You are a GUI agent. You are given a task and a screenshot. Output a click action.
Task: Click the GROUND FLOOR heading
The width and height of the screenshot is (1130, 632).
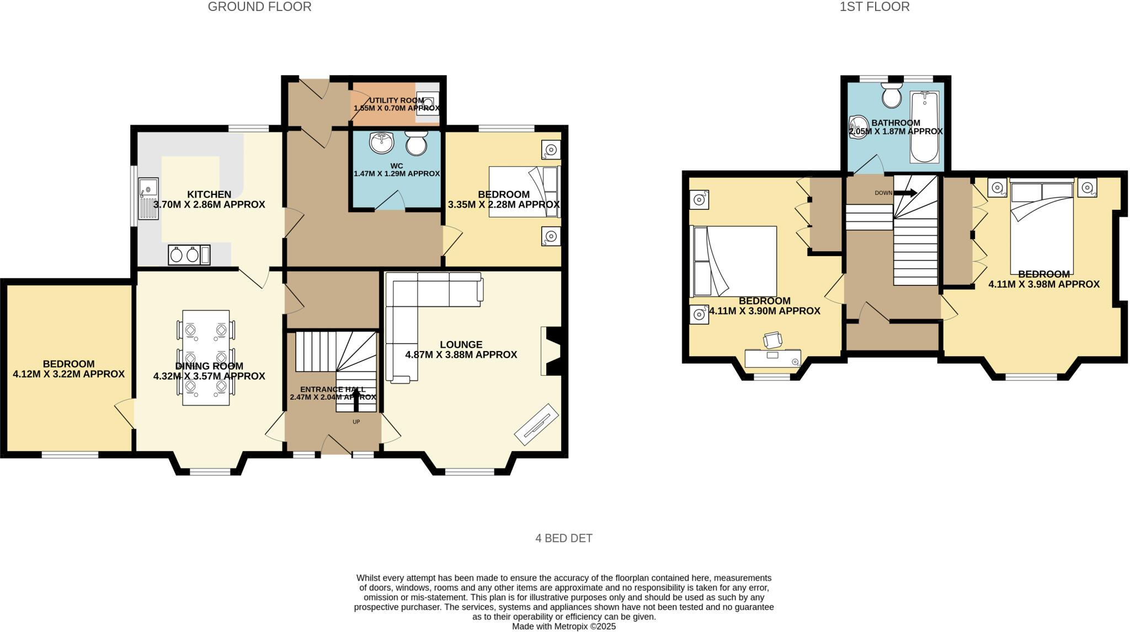click(259, 7)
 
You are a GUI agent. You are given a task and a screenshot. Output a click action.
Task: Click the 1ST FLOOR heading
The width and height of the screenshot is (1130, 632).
click(875, 7)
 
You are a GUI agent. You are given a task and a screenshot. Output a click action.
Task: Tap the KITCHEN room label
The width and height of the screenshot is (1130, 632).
click(209, 194)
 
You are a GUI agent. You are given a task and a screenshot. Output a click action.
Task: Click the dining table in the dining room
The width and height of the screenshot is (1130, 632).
click(206, 358)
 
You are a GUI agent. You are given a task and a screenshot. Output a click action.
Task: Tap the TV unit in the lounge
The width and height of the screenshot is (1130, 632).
click(536, 424)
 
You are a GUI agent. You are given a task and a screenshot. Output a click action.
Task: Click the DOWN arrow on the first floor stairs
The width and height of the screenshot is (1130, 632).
click(905, 193)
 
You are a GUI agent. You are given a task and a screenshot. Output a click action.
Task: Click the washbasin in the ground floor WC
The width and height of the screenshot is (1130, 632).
click(381, 142)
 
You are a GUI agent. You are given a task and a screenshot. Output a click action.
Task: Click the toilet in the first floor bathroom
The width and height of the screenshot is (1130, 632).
click(891, 97)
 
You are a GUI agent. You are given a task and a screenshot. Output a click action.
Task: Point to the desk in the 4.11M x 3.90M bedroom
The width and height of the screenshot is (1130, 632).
click(772, 357)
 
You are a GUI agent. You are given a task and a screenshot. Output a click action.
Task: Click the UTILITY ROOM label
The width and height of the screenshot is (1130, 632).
click(396, 100)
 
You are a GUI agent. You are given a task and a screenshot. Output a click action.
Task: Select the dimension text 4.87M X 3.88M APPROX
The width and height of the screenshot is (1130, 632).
click(461, 355)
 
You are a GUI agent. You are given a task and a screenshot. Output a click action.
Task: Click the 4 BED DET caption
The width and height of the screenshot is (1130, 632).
click(563, 538)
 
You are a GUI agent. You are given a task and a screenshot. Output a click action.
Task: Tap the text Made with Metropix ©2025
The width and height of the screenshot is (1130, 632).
click(563, 626)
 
